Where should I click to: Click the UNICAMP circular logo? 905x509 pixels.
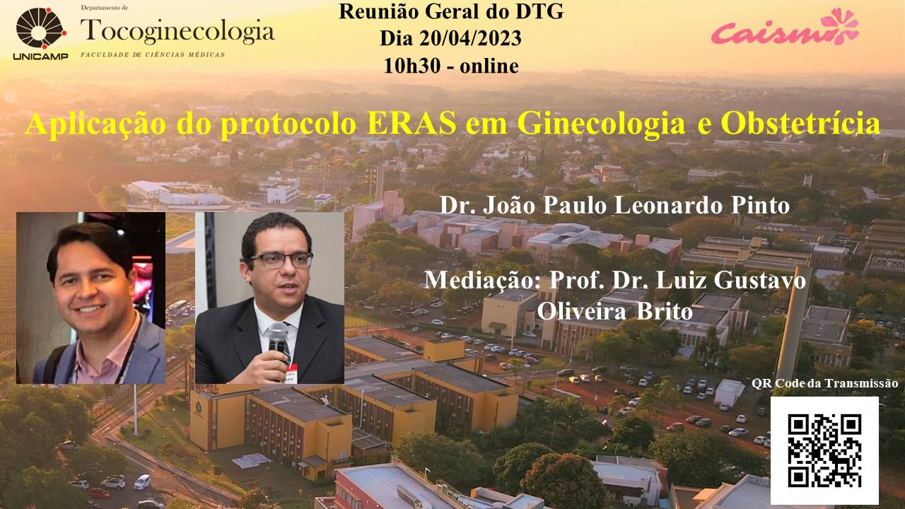tap(41, 28)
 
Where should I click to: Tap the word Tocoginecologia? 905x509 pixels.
tap(177, 31)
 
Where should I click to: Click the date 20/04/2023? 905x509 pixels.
tap(471, 39)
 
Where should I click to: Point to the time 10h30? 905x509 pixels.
tap(412, 66)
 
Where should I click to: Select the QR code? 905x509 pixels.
tap(824, 450)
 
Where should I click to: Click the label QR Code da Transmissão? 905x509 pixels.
tap(825, 383)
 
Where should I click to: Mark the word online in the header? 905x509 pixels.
tap(489, 66)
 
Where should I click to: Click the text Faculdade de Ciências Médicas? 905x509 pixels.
tap(153, 54)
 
